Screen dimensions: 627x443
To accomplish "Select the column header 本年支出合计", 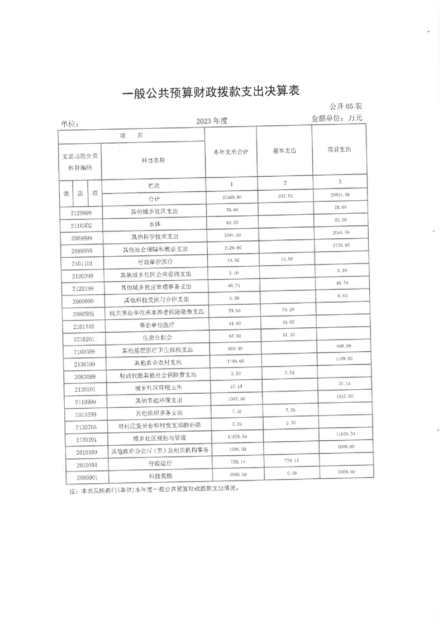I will pyautogui.click(x=231, y=152).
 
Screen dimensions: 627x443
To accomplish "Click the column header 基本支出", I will pyautogui.click(x=284, y=151).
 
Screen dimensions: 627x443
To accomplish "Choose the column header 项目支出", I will pyautogui.click(x=340, y=150).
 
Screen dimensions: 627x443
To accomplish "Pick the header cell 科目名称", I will pyautogui.click(x=154, y=160).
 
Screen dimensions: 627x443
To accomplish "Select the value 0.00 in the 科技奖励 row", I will pyautogui.click(x=284, y=474).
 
